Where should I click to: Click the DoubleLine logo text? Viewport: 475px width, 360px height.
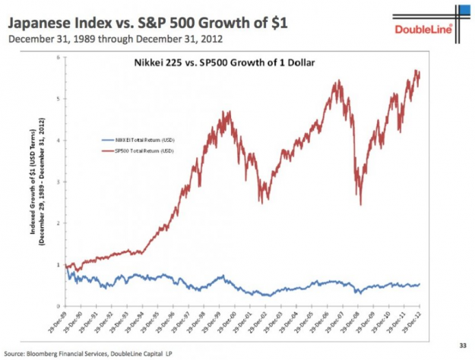(x=423, y=30)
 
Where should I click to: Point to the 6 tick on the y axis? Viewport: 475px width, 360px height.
(x=58, y=58)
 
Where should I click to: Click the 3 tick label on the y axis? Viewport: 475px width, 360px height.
(x=58, y=182)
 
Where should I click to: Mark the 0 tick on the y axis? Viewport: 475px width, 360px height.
(x=58, y=305)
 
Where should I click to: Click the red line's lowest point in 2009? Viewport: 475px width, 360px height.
(x=360, y=204)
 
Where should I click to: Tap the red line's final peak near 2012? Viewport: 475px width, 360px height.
(x=416, y=71)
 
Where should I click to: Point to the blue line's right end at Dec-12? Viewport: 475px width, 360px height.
(x=420, y=285)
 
